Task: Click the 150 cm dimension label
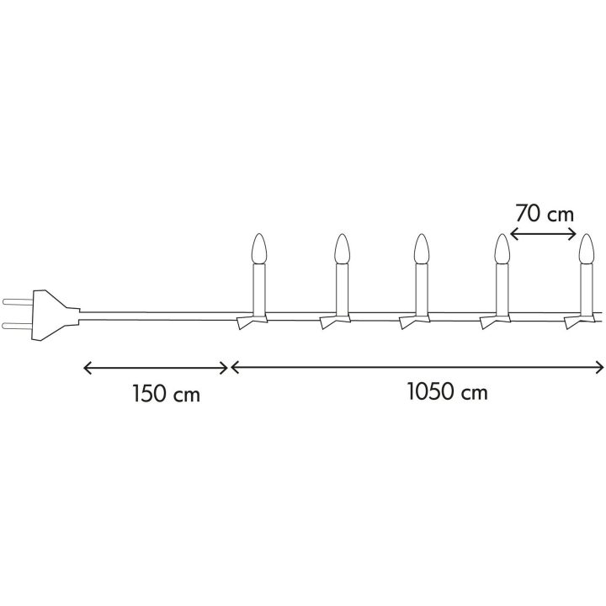point(166,393)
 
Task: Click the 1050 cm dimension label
point(447,391)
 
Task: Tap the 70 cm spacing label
point(545,214)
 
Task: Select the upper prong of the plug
point(19,301)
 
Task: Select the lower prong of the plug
point(19,326)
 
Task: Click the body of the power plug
point(54,316)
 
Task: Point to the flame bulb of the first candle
point(259,249)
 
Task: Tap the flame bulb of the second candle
point(342,249)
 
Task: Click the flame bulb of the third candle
point(421,249)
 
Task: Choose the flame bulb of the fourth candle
point(502,249)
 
